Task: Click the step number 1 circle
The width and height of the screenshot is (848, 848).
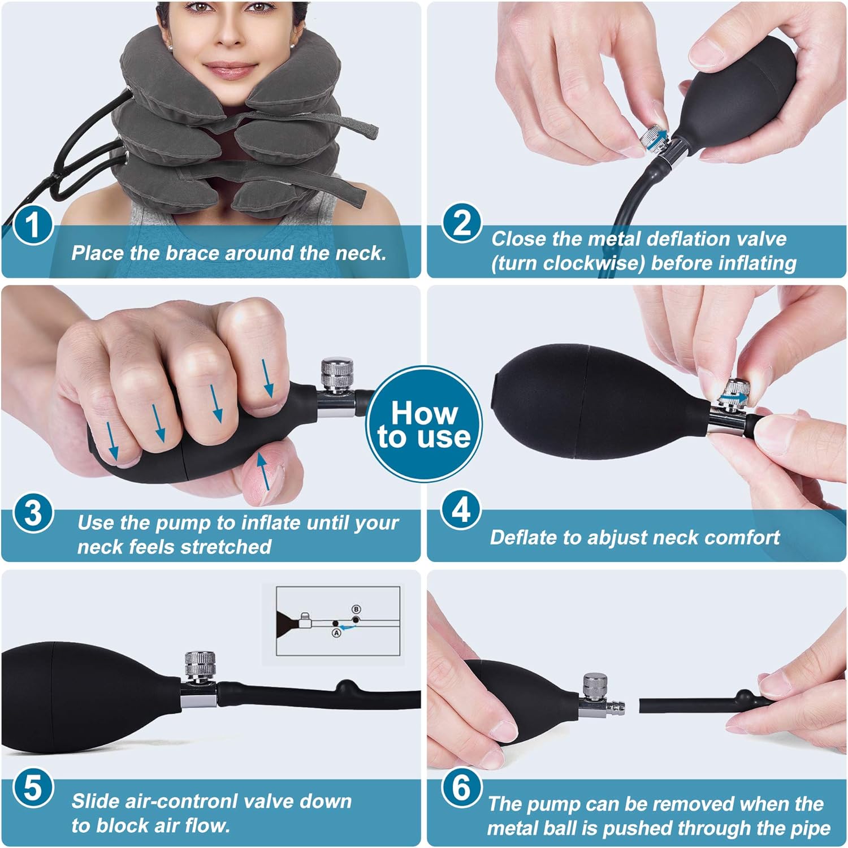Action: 33,224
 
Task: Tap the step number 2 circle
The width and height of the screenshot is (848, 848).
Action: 462,223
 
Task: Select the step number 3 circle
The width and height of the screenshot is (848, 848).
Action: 33,513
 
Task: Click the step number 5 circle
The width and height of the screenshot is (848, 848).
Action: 33,787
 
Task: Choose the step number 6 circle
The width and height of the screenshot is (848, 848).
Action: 462,788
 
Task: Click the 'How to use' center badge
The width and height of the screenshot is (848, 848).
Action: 424,425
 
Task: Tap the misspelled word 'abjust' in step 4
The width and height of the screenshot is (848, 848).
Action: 615,537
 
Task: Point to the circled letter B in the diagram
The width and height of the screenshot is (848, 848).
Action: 356,609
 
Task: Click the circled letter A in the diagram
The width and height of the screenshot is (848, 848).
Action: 336,633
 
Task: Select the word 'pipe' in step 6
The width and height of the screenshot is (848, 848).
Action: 811,828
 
